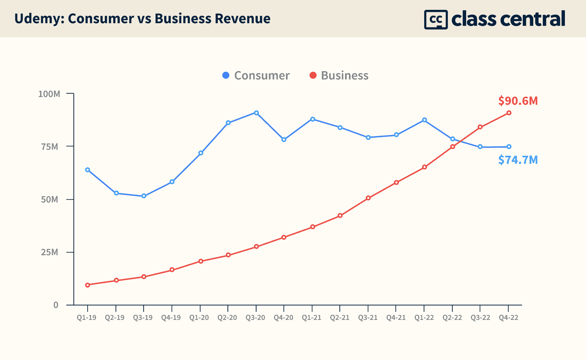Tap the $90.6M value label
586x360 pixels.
pos(518,101)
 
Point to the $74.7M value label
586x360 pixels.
pos(518,160)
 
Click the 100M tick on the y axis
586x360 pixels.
pos(49,94)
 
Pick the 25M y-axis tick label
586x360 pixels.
pos(50,252)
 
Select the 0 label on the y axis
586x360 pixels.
pos(56,305)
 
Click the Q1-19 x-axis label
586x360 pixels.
pos(87,318)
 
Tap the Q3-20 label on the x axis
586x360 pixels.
pos(255,318)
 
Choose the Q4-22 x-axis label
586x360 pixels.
pos(509,318)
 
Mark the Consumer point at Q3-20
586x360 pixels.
pos(256,113)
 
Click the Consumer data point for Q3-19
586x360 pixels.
pos(144,196)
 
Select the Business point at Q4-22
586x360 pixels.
pos(509,113)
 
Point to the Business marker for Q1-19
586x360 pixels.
pos(88,285)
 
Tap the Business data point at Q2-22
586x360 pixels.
pos(453,147)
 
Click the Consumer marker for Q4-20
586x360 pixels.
pos(284,140)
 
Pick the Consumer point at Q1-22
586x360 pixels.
pos(425,120)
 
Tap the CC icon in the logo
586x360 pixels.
pos(436,19)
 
